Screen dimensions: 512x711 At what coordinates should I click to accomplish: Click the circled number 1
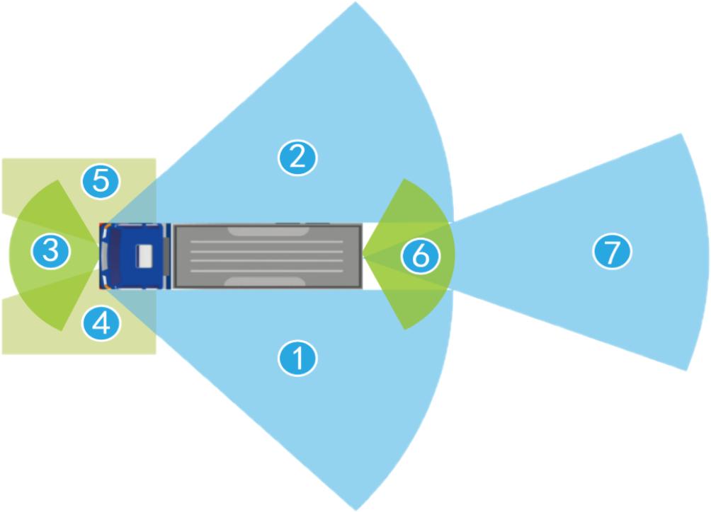pyautogui.click(x=298, y=359)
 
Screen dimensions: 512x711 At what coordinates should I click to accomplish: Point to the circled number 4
pyautogui.click(x=101, y=323)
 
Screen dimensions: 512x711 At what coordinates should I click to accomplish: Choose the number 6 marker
pyautogui.click(x=420, y=256)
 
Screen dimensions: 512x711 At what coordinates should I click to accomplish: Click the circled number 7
pyautogui.click(x=612, y=251)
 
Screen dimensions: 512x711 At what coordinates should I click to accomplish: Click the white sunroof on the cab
pyautogui.click(x=146, y=256)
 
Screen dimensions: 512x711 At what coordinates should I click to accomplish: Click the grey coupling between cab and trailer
pyautogui.click(x=169, y=256)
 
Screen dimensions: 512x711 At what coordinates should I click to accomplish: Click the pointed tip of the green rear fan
pyautogui.click(x=363, y=255)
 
